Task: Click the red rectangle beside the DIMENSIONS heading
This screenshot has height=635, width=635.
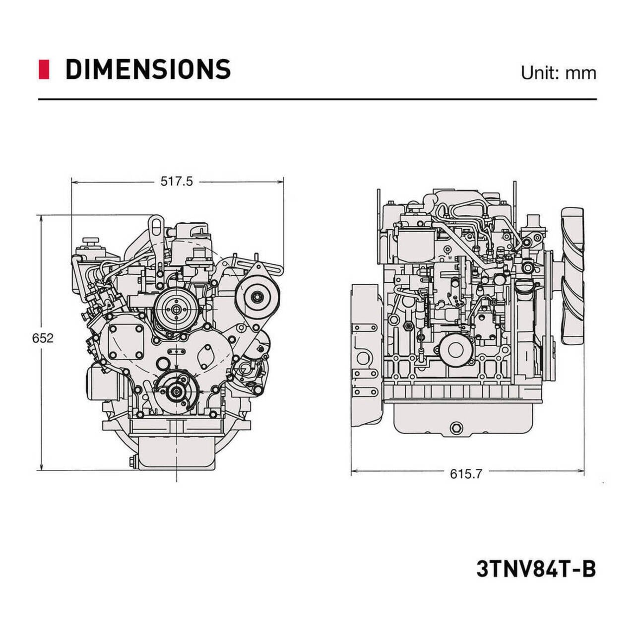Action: pos(44,69)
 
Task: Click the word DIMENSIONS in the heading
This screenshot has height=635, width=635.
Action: pos(148,69)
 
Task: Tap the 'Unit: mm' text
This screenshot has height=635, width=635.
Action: pos(558,73)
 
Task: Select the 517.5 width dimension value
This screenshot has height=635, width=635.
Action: pos(176,182)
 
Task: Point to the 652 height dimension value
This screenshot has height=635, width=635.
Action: pos(43,338)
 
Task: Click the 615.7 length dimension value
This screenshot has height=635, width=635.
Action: pos(466,474)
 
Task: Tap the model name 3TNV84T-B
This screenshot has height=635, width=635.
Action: pos(536,569)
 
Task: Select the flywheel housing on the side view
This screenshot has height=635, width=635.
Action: pos(366,355)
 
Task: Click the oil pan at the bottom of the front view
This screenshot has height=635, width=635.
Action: pos(177,451)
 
